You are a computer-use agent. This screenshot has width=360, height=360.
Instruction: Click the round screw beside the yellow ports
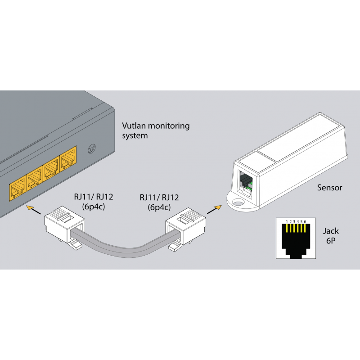(91, 148)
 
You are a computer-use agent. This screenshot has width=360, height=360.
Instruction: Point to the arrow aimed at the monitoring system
(31, 207)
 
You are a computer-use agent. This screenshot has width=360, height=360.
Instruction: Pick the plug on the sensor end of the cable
(186, 227)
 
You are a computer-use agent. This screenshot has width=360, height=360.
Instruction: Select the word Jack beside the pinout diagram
(331, 231)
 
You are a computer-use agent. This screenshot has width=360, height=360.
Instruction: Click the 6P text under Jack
(331, 242)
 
